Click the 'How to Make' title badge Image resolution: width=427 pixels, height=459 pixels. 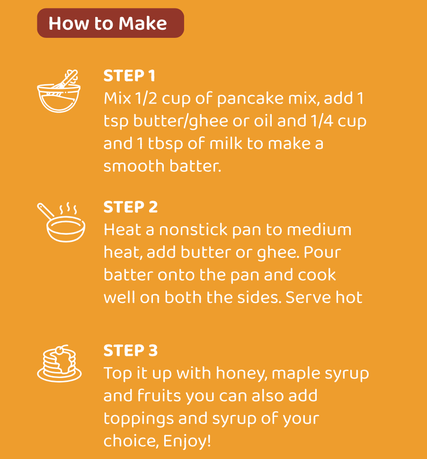pos(110,23)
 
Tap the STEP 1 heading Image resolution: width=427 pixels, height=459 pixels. pos(129,76)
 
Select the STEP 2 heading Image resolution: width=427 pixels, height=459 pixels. pos(131,207)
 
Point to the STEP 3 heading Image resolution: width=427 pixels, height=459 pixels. pos(131,350)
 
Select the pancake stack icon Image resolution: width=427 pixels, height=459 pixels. pos(59,363)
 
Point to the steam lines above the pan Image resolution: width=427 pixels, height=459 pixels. pos(68,208)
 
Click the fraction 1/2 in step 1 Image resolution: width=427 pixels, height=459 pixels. pos(146,98)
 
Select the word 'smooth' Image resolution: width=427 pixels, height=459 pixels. pos(134,166)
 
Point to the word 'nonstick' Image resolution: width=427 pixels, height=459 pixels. pos(193,229)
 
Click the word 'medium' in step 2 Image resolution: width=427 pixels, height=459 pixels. pos(319,229)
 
